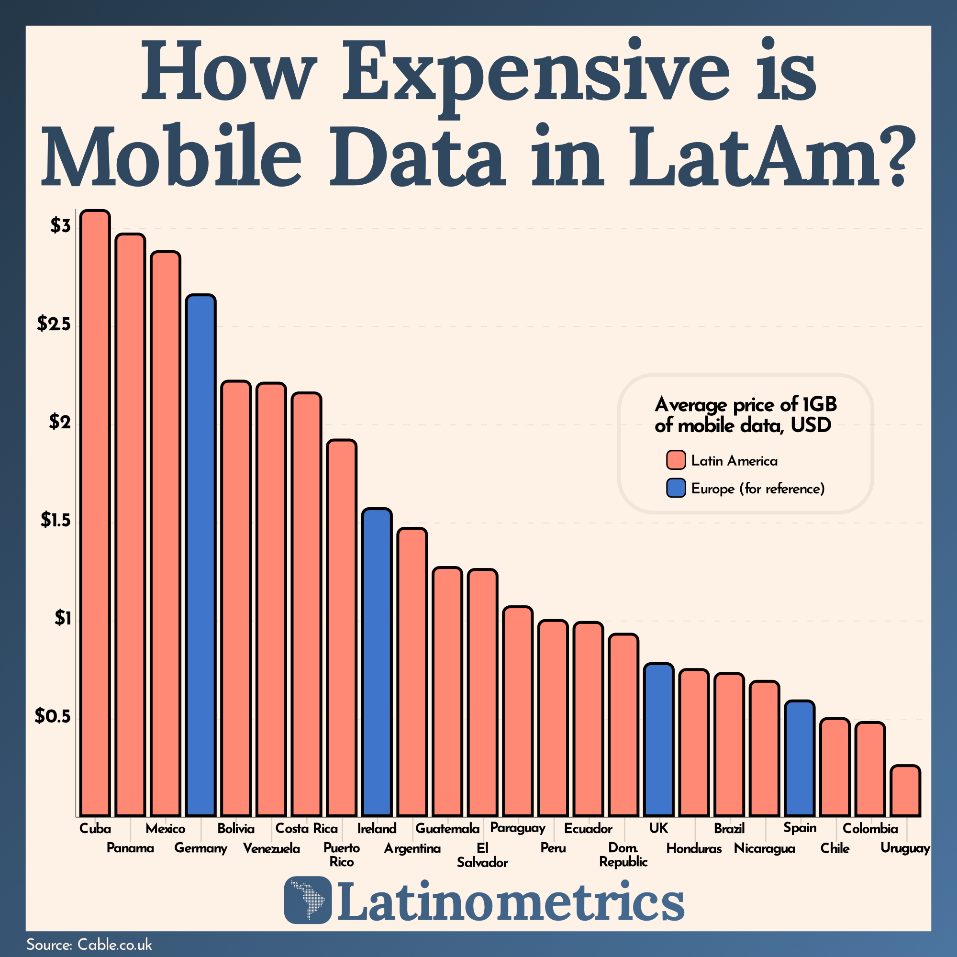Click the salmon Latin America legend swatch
pos(676,460)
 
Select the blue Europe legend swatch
pos(676,488)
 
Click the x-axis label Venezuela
pos(271,848)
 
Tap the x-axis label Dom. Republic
pos(623,855)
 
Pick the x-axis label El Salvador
pos(482,856)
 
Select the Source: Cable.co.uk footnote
pos(89,944)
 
